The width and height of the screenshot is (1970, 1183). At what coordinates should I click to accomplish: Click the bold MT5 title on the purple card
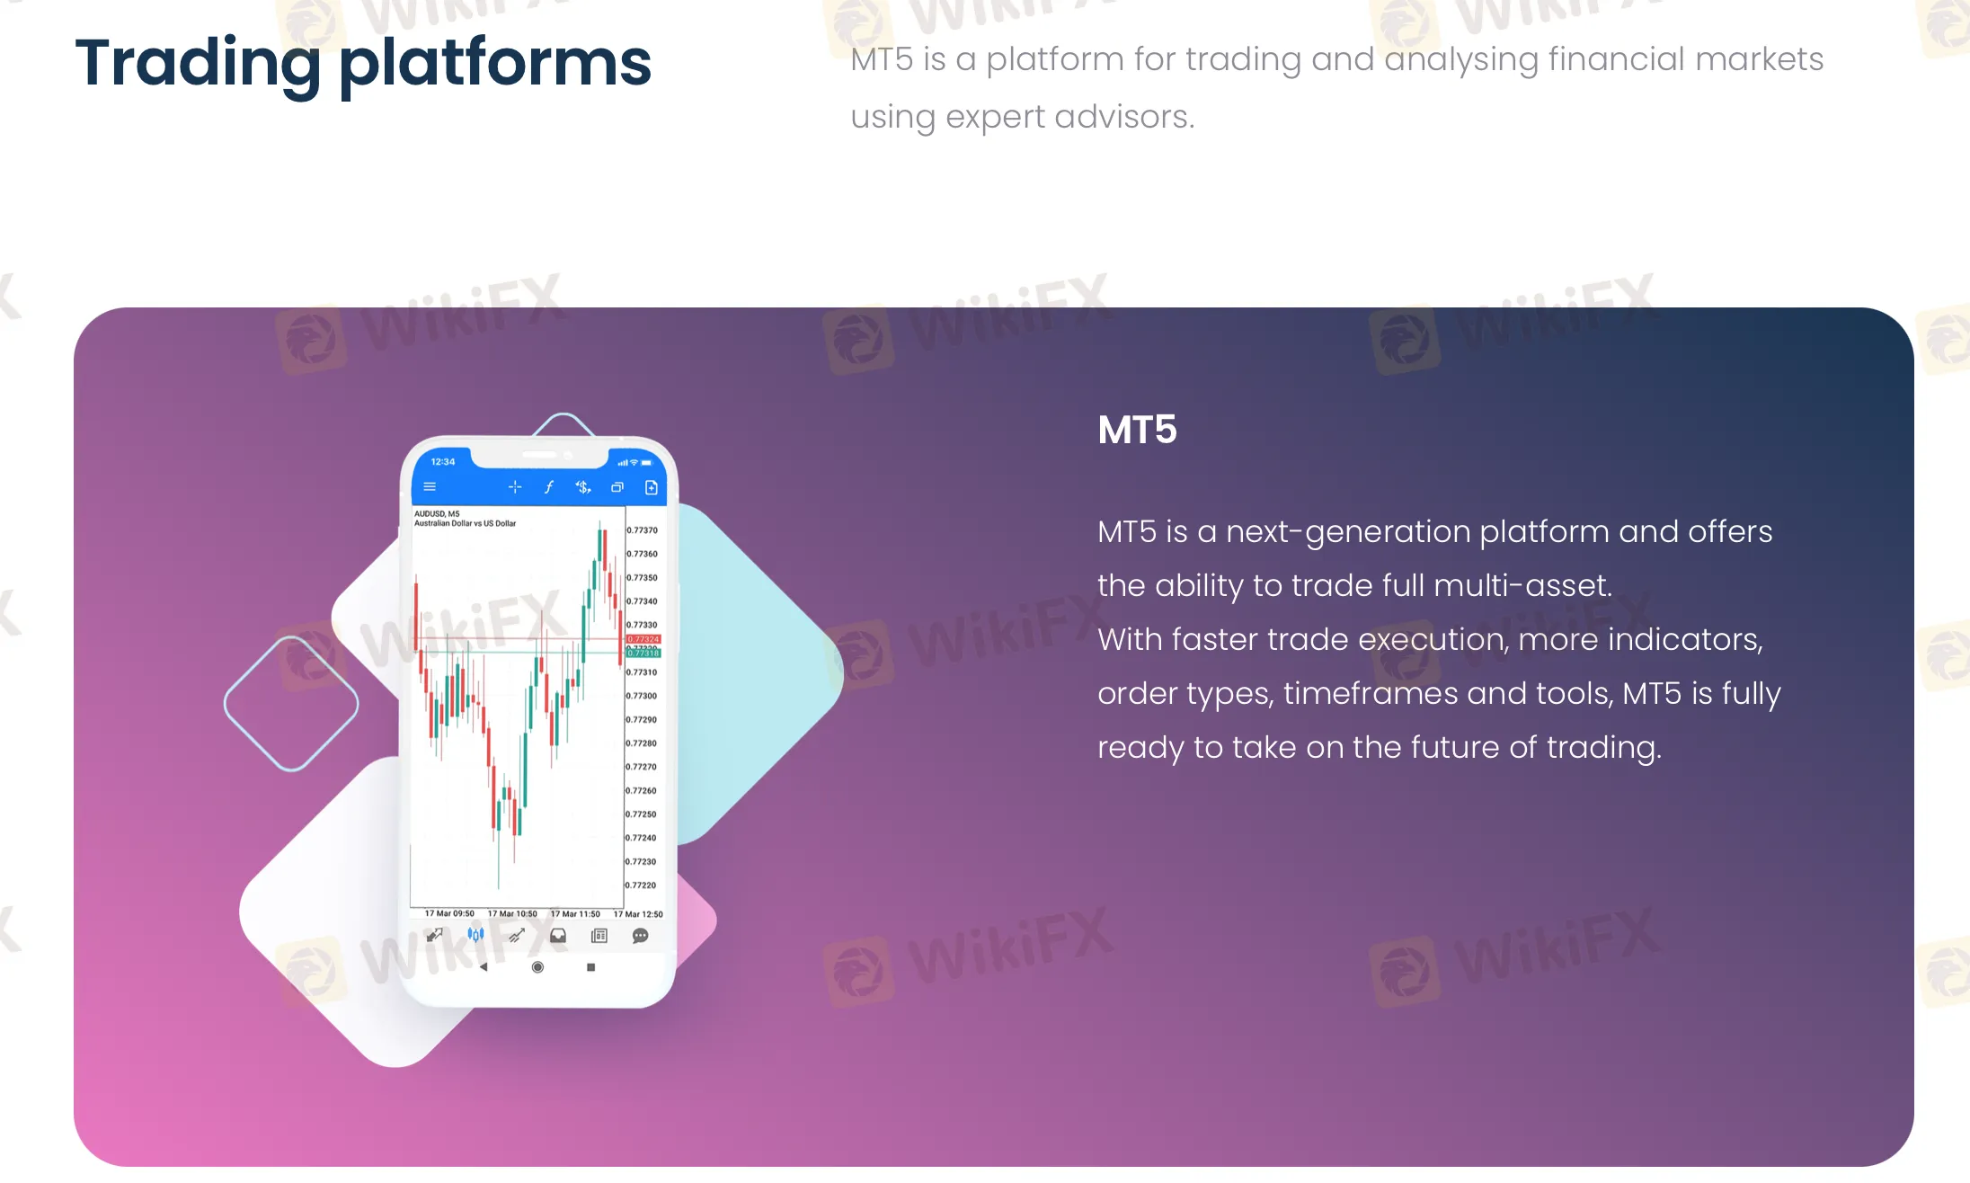coord(1137,430)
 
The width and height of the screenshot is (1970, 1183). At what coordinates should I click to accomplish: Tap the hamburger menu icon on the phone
coord(430,487)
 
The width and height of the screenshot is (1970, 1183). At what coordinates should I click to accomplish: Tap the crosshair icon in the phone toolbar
coord(514,487)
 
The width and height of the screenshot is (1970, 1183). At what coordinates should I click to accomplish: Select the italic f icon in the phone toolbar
coord(549,487)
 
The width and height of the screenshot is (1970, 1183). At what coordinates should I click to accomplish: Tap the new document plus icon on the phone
coord(652,487)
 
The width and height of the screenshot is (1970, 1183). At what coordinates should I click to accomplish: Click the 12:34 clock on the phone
coord(443,462)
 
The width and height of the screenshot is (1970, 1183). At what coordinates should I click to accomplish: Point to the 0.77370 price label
coord(643,530)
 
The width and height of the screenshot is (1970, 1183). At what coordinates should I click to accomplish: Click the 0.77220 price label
coord(642,885)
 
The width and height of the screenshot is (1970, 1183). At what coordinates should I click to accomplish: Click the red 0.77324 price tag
coord(643,639)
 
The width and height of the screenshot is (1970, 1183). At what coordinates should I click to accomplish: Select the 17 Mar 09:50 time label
coord(449,913)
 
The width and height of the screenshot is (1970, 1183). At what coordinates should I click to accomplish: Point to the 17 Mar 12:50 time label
coord(638,914)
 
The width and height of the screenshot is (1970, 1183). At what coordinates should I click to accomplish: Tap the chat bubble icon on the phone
coord(640,936)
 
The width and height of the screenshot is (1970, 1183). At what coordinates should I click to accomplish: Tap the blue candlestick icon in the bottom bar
coord(475,935)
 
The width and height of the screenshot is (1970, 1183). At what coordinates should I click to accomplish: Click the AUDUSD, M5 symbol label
coord(437,514)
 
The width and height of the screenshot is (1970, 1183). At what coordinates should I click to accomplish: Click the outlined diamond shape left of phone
coord(291,704)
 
